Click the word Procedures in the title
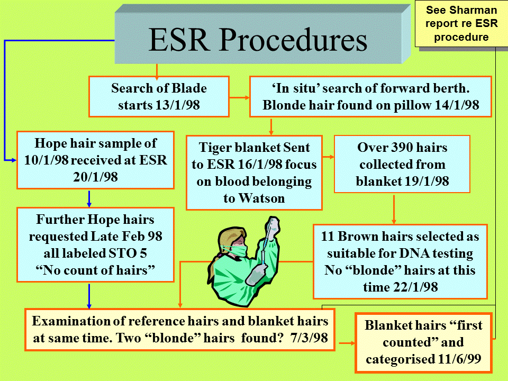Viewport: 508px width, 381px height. tap(294, 40)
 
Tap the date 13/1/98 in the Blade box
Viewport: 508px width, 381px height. tap(178, 105)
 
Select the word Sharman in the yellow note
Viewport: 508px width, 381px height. tap(477, 10)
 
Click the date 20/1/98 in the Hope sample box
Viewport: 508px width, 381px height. tap(95, 177)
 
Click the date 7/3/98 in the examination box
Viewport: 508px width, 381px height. tap(309, 338)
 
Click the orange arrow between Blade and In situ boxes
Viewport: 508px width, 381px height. tap(239, 97)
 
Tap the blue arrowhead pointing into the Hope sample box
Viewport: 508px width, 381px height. tap(13, 160)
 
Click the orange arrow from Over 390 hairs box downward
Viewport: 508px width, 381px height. tap(394, 209)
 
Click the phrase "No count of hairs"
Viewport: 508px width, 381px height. tap(95, 270)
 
